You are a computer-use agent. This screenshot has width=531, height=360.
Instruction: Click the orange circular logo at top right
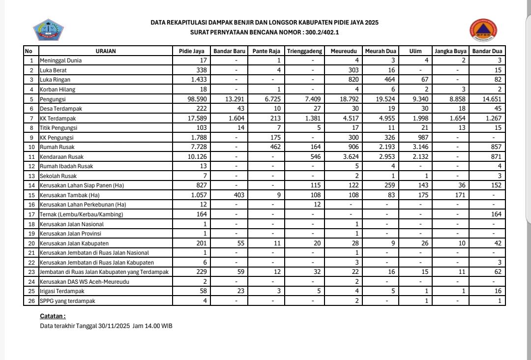(x=483, y=30)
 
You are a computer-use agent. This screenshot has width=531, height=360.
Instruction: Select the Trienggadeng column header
(x=305, y=51)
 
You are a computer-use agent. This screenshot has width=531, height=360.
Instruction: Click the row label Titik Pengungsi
(x=59, y=128)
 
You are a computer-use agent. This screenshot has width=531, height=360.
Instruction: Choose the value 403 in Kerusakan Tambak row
(x=238, y=195)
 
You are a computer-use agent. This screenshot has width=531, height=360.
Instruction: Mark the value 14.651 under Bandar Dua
(x=492, y=99)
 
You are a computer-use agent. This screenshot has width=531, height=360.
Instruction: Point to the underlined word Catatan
(x=53, y=316)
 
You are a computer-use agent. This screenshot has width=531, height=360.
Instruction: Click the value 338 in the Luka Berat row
(x=201, y=70)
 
